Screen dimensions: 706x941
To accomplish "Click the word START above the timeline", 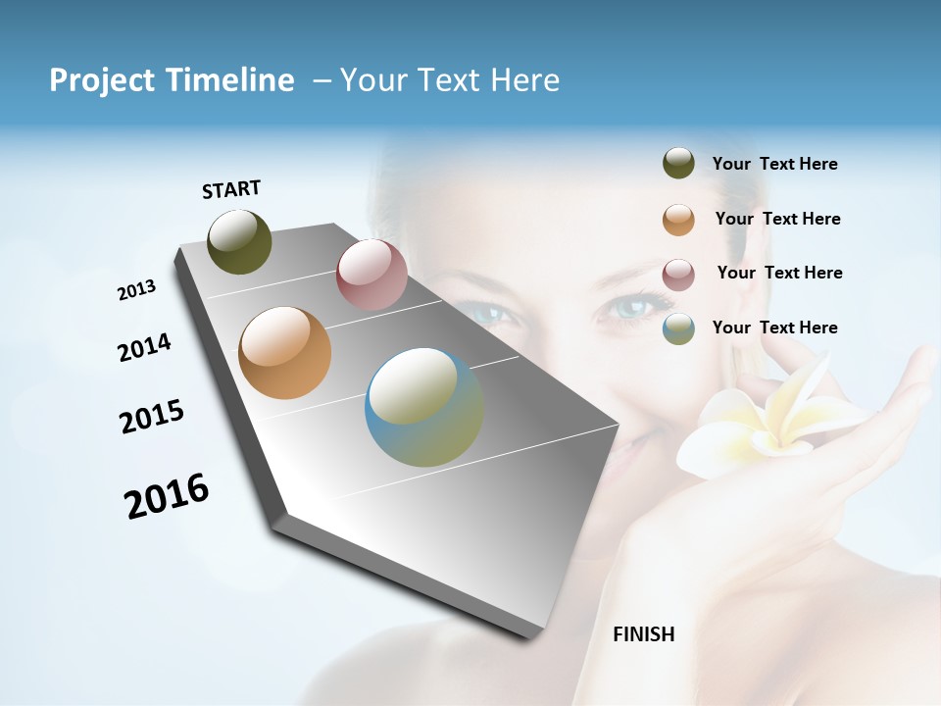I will point(231,189).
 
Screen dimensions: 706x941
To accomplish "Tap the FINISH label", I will point(644,634).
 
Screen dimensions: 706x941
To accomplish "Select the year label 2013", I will point(136,290).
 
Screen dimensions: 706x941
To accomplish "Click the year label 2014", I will point(144,347).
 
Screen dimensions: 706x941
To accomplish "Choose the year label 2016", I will point(167,496).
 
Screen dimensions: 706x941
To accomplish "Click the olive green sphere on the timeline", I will point(240,241).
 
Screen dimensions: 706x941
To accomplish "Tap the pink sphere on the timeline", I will point(371,275).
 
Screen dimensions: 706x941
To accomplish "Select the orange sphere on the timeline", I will point(284,353).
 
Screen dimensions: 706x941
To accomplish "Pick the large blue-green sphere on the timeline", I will point(424,407).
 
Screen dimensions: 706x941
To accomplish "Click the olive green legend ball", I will point(678,164).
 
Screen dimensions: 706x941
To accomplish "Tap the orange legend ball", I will point(678,220).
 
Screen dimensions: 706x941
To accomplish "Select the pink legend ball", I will point(678,275).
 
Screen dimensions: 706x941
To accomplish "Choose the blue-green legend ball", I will point(678,329).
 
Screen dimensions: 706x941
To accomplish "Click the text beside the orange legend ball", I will point(777,219).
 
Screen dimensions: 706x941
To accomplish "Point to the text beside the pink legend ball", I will point(779,273).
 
